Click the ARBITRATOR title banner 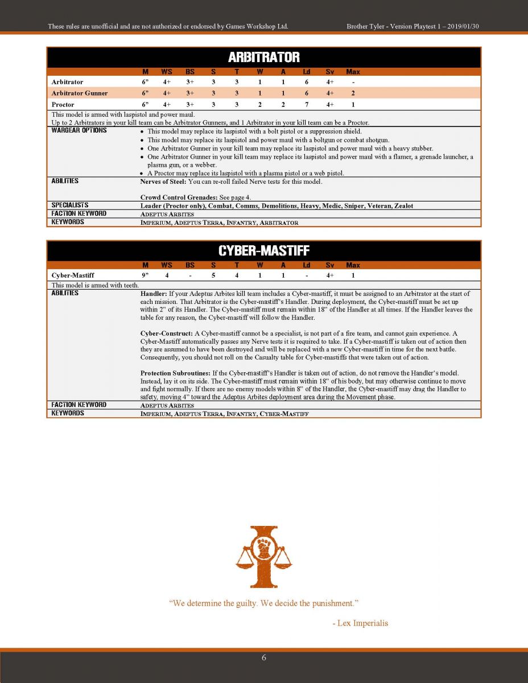pos(263,57)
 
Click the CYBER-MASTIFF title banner pos(263,251)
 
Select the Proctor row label pos(63,105)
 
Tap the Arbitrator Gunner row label pos(80,93)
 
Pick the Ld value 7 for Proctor pos(306,105)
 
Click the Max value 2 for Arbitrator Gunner pos(353,93)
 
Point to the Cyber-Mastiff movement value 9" pos(145,275)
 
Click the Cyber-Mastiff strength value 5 pos(213,275)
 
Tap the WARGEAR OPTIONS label pos(79,130)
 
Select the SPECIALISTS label pos(70,205)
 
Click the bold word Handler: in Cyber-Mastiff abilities pos(154,294)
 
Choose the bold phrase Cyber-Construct pos(167,333)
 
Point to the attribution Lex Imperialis pos(362,623)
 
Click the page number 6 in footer pos(264,658)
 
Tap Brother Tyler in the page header pos(368,26)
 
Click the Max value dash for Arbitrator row pos(353,83)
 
